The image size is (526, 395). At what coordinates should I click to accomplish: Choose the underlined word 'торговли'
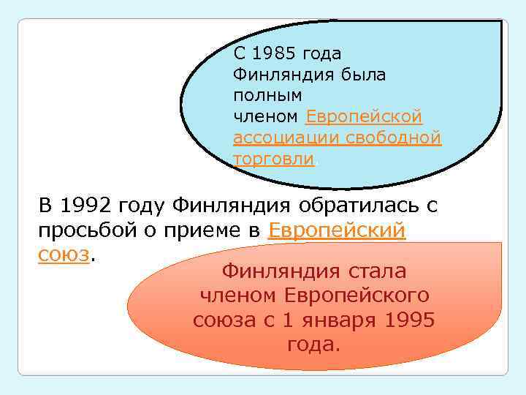(273, 159)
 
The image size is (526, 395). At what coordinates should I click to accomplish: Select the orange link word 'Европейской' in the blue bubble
(363, 116)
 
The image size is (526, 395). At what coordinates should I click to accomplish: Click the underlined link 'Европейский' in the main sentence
(337, 230)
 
